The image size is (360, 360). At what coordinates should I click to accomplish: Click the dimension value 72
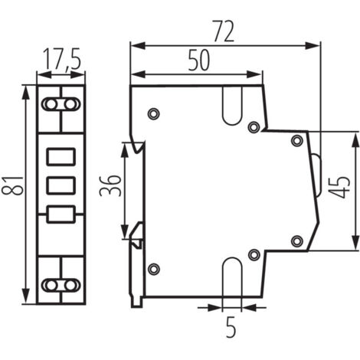coord(224,31)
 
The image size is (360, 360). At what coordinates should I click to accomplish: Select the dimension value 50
coord(198,62)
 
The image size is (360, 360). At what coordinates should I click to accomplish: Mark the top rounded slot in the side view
coord(231,106)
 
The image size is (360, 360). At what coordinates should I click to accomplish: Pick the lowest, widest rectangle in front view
coord(61,214)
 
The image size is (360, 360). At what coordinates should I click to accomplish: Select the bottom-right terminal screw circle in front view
coord(70,284)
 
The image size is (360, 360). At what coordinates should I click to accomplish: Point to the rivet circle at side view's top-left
coord(153,114)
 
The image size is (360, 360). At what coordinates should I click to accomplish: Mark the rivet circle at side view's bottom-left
coord(153,268)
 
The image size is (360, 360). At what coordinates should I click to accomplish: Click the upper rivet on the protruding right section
coord(297,139)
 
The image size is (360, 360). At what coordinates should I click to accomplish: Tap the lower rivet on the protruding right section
coord(297,242)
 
